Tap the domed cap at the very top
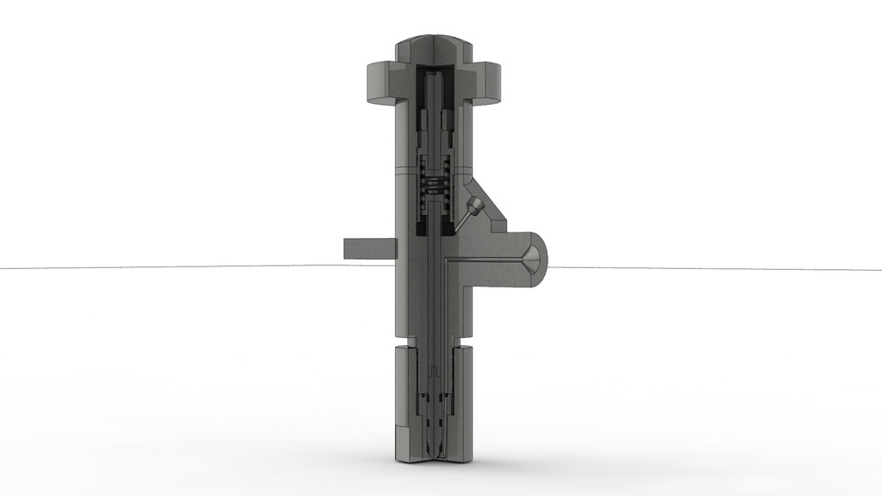[x=435, y=46]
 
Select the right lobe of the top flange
[x=490, y=83]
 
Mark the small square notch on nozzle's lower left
[x=398, y=431]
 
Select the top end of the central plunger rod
[x=435, y=73]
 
